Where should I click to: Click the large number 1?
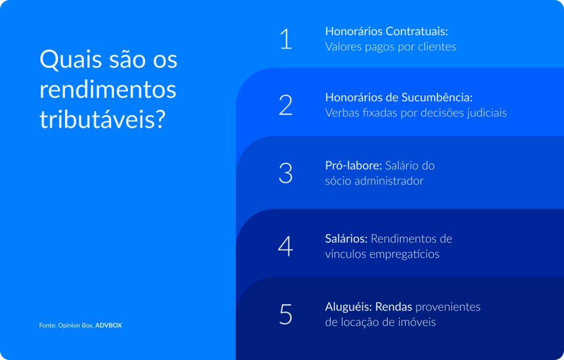click(286, 39)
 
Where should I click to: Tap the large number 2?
click(285, 105)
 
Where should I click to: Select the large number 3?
click(285, 173)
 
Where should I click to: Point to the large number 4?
click(285, 246)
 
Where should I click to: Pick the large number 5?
click(285, 314)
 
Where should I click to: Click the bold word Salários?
click(346, 239)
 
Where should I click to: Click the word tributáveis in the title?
click(102, 119)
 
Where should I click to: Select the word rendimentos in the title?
click(108, 89)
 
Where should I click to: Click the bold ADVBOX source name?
click(109, 325)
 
